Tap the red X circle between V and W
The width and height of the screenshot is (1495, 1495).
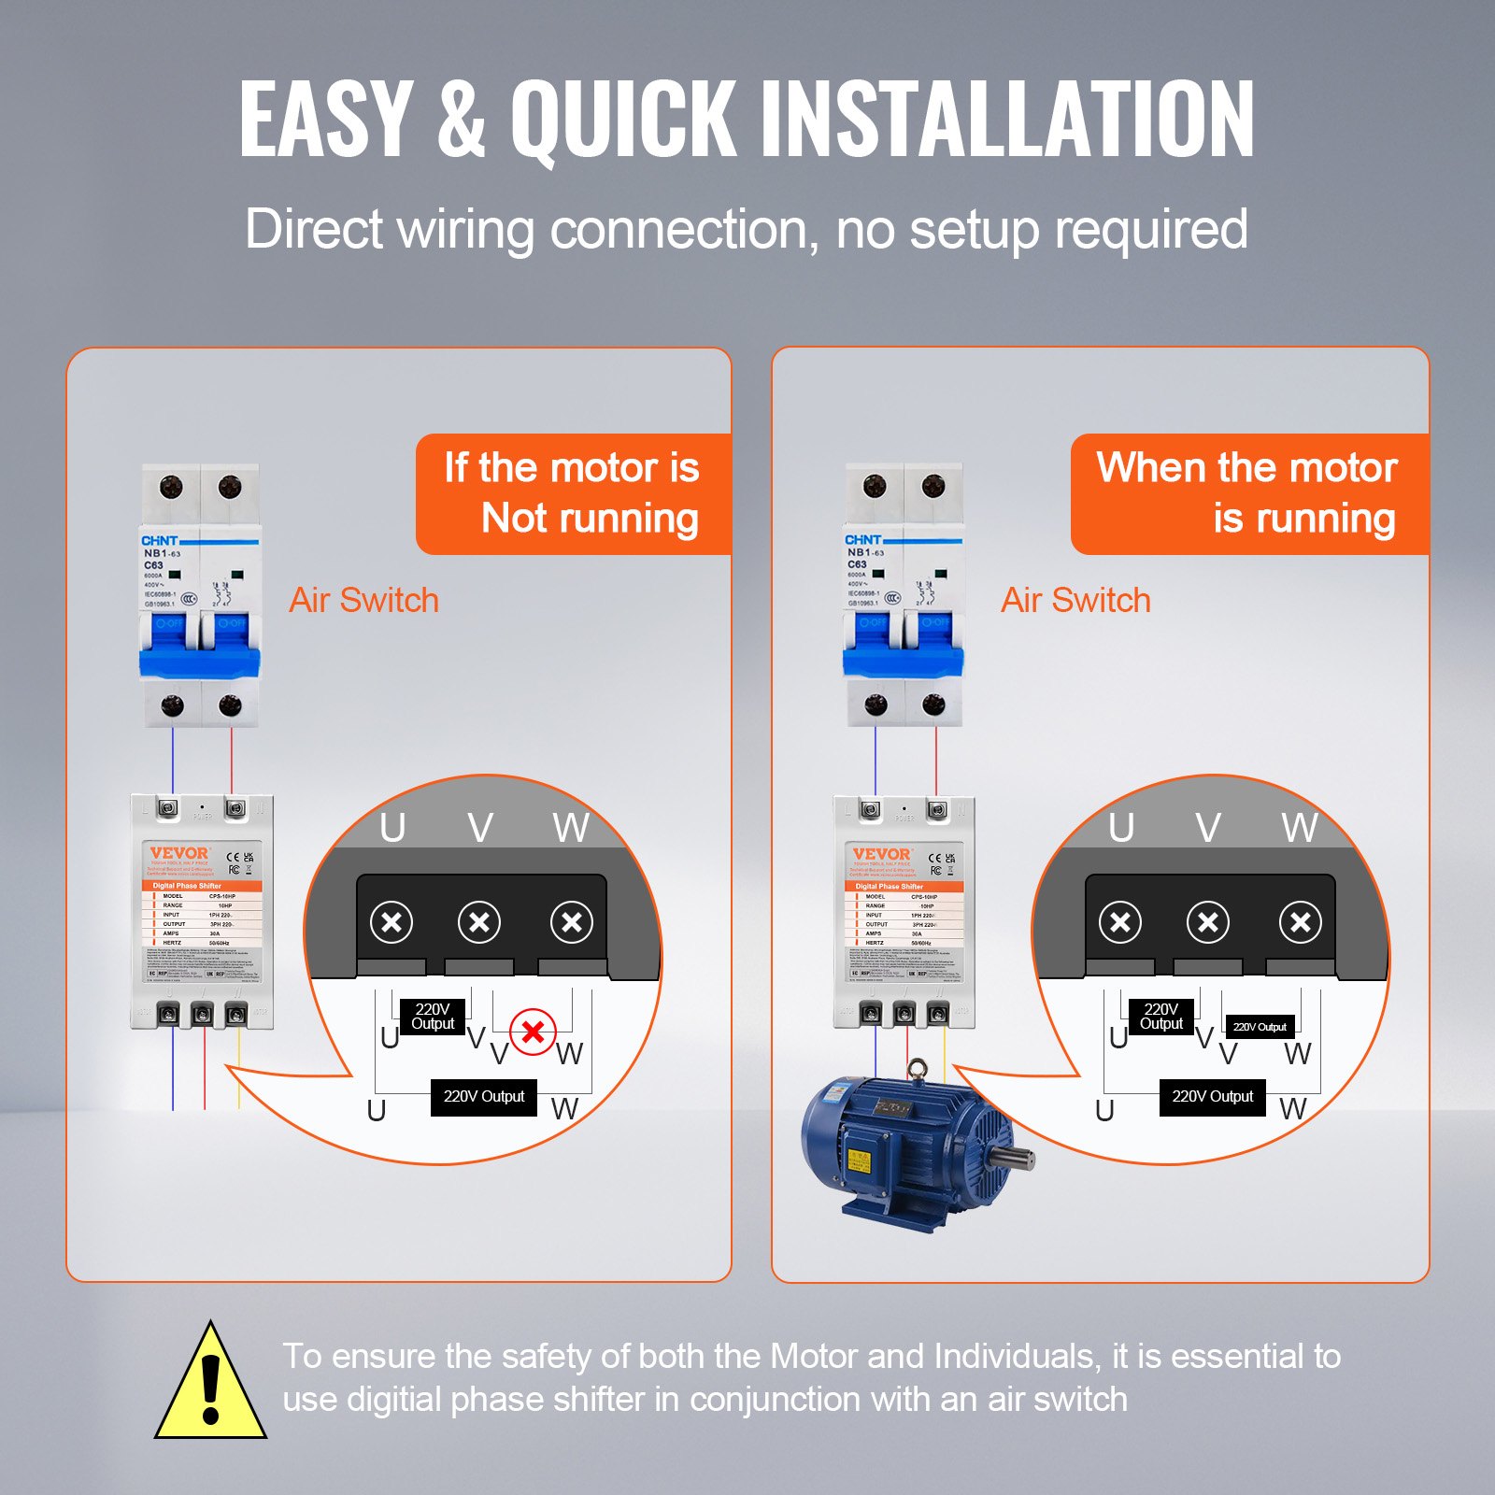[534, 1032]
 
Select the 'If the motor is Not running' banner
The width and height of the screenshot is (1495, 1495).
[573, 493]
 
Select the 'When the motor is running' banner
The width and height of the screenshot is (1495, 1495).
[1248, 493]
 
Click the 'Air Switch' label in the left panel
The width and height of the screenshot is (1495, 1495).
[363, 600]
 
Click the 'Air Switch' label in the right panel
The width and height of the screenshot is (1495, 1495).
[1075, 600]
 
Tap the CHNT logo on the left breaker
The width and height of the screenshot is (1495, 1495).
[159, 540]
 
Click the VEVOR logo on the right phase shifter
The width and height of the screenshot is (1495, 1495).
[881, 853]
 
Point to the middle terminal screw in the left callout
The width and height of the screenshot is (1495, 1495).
[479, 923]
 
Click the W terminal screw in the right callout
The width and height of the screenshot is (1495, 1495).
[1300, 923]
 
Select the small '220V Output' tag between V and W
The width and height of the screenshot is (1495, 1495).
[1260, 1027]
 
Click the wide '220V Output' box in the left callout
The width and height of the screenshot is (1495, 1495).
[483, 1096]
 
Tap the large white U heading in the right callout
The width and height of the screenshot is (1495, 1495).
[1121, 828]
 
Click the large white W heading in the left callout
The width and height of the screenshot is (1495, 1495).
[571, 828]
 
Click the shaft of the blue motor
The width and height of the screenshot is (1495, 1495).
[1014, 1159]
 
